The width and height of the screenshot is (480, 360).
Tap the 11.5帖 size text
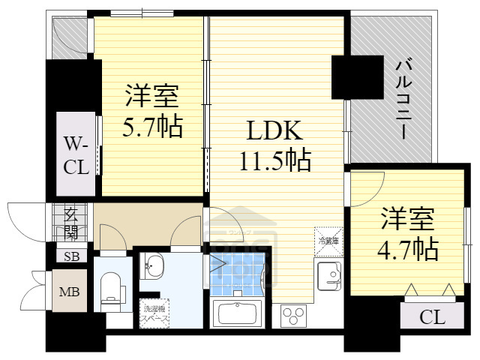point(275,160)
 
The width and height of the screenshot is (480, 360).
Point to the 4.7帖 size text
point(408,247)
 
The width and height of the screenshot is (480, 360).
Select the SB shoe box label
point(71,256)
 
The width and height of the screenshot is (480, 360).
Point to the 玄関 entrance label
point(72,223)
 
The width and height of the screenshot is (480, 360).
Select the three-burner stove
point(293,314)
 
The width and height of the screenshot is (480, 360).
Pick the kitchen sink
point(328,275)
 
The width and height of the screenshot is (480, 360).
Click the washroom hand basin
point(153,265)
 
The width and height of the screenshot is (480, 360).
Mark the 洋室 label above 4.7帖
point(408,220)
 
